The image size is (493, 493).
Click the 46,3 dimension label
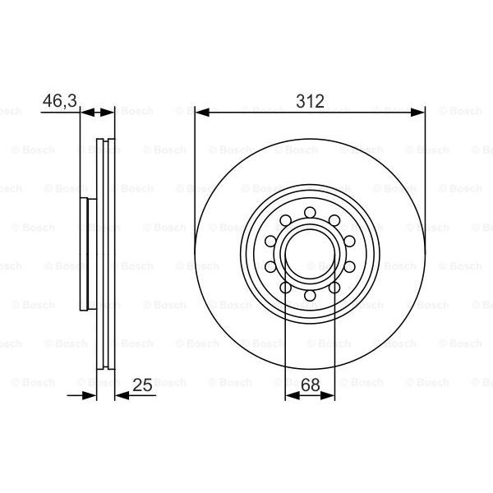60,100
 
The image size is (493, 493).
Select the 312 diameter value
310,101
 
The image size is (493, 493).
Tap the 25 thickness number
142,385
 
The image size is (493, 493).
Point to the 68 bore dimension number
311,385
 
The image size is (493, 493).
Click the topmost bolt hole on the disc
310,213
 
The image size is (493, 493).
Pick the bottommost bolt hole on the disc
310,296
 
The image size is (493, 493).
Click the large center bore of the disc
310,254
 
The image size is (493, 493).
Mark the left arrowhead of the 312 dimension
202,113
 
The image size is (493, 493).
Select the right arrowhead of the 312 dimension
417,113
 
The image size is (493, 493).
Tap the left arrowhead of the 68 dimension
292,395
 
